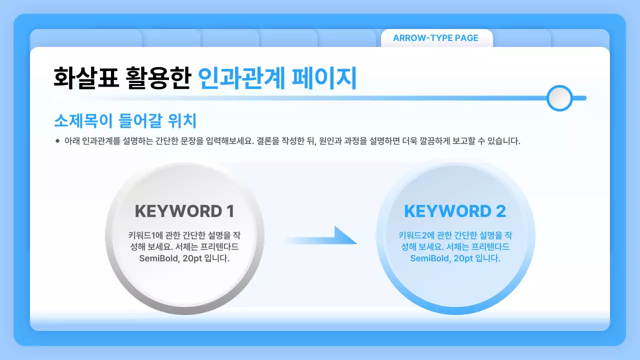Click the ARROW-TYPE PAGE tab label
click(435, 38)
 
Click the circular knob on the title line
click(559, 98)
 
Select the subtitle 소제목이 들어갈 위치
click(124, 121)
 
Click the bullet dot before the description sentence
click(57, 141)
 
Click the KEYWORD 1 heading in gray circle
click(184, 211)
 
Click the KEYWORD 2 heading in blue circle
click(454, 211)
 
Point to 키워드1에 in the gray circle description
click(143, 235)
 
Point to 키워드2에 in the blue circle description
click(413, 235)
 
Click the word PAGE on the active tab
click(466, 38)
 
